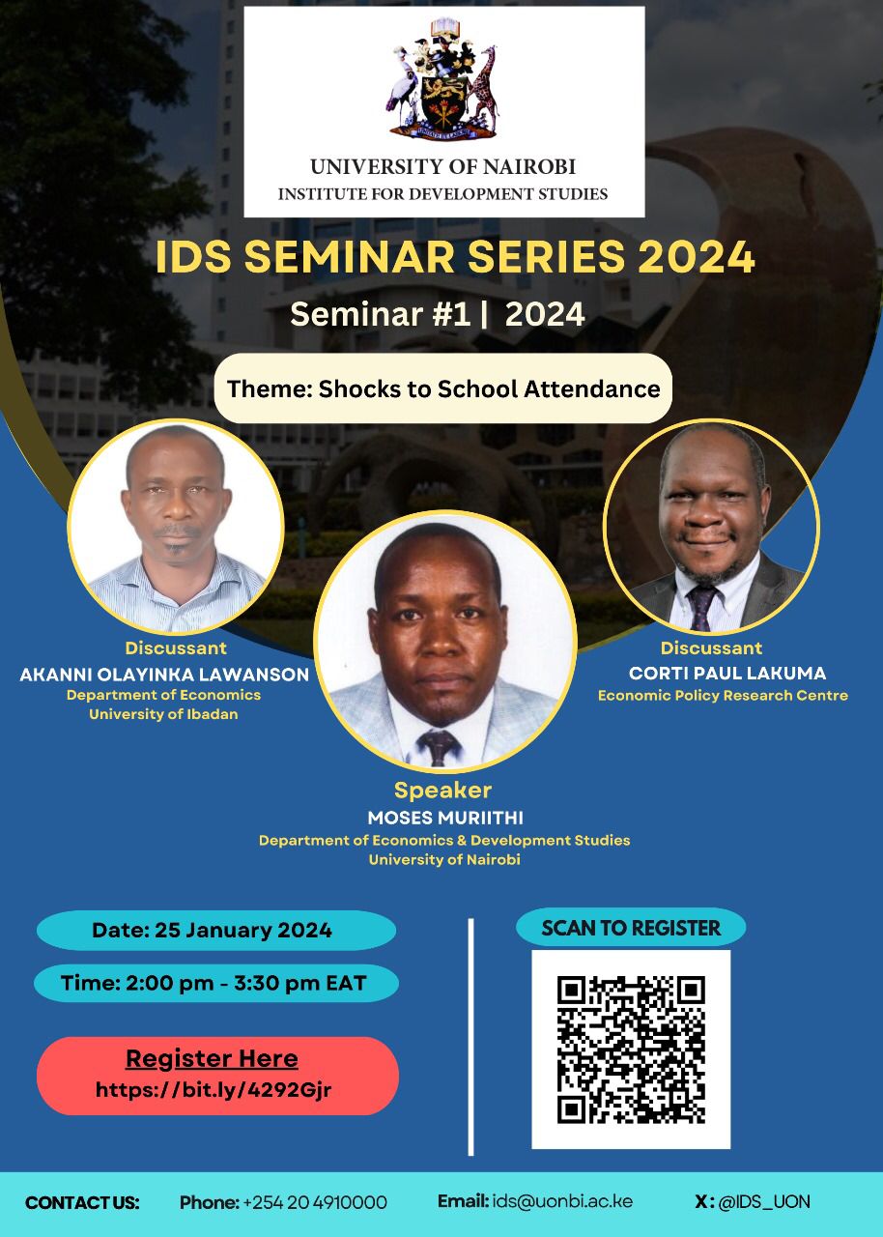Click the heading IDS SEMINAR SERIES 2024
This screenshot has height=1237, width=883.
click(455, 257)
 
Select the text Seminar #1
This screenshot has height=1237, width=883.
click(381, 314)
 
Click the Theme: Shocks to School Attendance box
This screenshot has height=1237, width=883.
click(443, 388)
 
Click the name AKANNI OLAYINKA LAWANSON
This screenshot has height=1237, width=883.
click(164, 675)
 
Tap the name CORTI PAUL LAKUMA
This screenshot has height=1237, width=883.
click(727, 673)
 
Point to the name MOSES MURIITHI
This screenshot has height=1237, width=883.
click(445, 818)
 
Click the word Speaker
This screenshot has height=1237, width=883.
click(442, 791)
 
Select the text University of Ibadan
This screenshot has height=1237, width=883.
click(163, 714)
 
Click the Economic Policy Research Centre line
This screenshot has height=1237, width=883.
click(723, 695)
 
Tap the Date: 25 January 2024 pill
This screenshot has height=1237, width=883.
click(216, 930)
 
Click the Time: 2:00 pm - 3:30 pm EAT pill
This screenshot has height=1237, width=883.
click(216, 983)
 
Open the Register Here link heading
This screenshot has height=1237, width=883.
click(212, 1058)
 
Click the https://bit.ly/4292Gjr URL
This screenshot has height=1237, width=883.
click(214, 1090)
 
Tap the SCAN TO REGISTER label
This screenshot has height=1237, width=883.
click(631, 928)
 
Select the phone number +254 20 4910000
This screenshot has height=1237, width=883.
click(315, 1202)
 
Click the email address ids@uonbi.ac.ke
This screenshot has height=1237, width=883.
click(562, 1201)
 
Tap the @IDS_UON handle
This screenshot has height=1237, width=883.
click(764, 1201)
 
